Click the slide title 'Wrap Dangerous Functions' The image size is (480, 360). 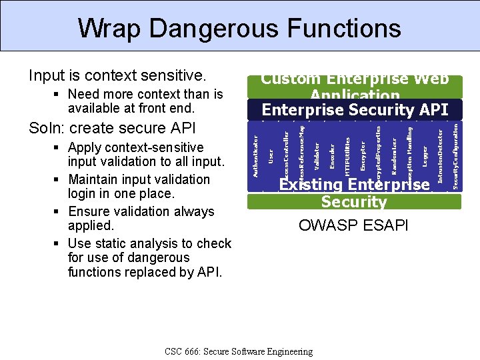tap(239, 28)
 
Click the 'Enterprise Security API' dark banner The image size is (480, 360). tap(355, 109)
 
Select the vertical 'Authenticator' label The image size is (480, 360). tap(255, 155)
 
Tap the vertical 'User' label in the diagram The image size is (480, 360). tap(271, 155)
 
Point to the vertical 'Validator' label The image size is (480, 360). tap(317, 155)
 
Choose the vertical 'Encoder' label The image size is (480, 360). tap(332, 155)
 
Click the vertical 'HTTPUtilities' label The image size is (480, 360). tap(347, 157)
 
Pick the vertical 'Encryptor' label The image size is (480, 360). tap(363, 154)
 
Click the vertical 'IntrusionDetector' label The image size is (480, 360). tap(440, 155)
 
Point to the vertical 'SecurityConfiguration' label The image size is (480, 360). tap(455, 154)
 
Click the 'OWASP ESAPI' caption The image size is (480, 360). tap(353, 225)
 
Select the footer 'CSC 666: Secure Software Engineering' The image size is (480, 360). tap(238, 351)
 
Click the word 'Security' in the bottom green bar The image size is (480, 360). tap(353, 202)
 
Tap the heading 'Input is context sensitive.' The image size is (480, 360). tap(116, 75)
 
